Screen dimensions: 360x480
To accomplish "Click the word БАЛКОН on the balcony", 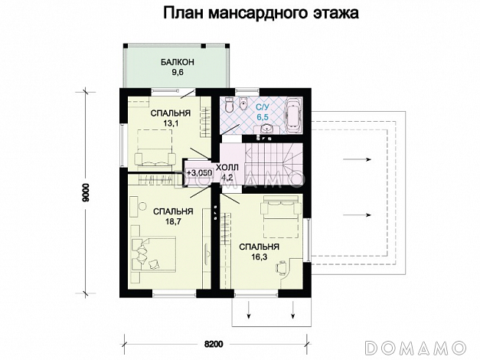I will (x=177, y=63).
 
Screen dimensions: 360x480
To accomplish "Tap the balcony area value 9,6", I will (x=177, y=74).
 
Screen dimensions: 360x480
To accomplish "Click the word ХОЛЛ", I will (x=227, y=166).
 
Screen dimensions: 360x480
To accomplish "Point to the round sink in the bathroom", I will (x=265, y=129).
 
